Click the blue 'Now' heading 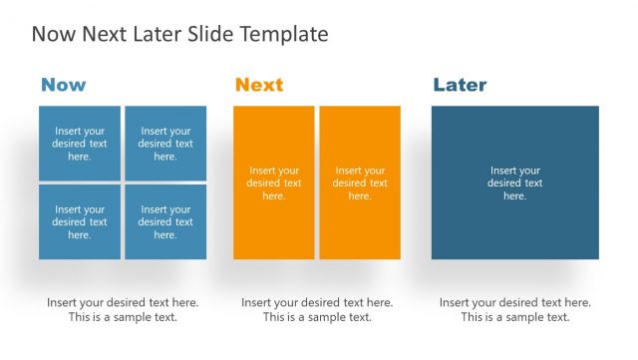(63, 85)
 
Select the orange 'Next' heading (259, 85)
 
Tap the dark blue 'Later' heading (462, 85)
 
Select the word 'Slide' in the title (210, 34)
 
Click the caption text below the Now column (123, 310)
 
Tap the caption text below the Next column (317, 310)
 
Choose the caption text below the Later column (515, 310)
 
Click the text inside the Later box (515, 183)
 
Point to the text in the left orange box (274, 183)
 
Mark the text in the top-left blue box (80, 144)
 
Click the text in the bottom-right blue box (165, 222)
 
